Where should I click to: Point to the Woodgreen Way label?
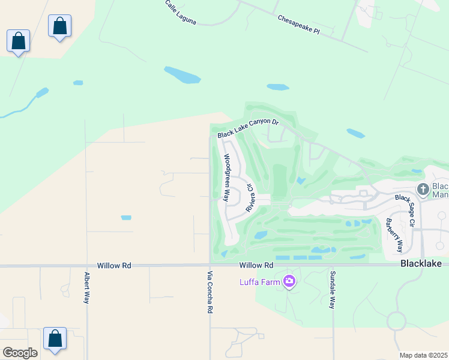pyautogui.click(x=227, y=177)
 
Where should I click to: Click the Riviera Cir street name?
pyautogui.click(x=250, y=197)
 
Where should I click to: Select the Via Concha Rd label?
pyautogui.click(x=210, y=292)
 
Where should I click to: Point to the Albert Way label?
pyautogui.click(x=87, y=287)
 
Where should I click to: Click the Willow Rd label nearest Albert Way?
pyautogui.click(x=114, y=265)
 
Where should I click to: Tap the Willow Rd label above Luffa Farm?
pyautogui.click(x=256, y=265)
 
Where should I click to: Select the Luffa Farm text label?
pyautogui.click(x=259, y=281)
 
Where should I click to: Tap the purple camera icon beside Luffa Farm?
pyautogui.click(x=289, y=281)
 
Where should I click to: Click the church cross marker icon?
pyautogui.click(x=423, y=189)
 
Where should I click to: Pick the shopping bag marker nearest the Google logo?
pyautogui.click(x=55, y=338)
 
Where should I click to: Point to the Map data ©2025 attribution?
pyautogui.click(x=423, y=355)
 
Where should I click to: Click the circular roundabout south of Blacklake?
pyautogui.click(x=397, y=321)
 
